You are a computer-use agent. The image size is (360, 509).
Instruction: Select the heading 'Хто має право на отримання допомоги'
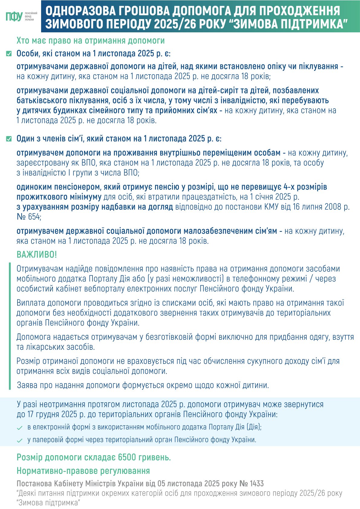coord(91,41)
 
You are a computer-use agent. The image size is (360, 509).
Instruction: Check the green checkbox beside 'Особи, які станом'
coord(9,54)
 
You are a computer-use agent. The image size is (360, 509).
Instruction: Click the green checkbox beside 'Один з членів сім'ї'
coord(9,139)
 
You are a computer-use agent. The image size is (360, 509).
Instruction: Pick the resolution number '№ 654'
coord(28,217)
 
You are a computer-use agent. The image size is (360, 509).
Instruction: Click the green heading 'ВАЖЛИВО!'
coord(37,254)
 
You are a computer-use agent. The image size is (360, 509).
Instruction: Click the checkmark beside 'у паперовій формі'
coord(20,440)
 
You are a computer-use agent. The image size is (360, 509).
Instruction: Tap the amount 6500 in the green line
coord(127,457)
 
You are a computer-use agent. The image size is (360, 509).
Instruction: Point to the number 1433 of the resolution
coord(256,484)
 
